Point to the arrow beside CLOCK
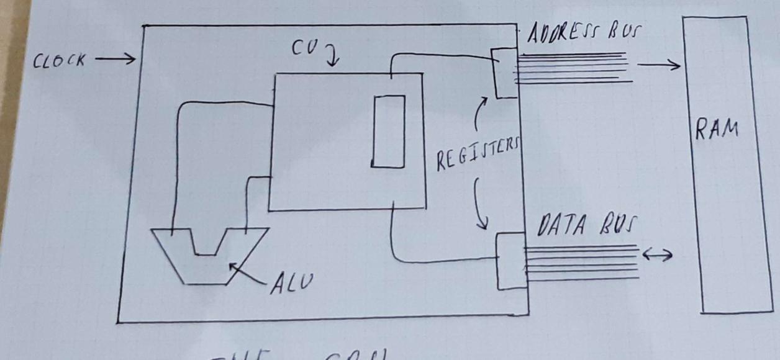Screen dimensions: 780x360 pos(116,60)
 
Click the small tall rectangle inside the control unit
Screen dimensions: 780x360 pos(388,131)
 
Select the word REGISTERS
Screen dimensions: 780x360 pos(476,153)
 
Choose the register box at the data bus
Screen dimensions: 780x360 pos(510,261)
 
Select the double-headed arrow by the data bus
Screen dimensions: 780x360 pos(657,254)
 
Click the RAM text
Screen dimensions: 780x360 pos(717,130)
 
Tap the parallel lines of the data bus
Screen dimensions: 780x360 pos(581,263)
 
